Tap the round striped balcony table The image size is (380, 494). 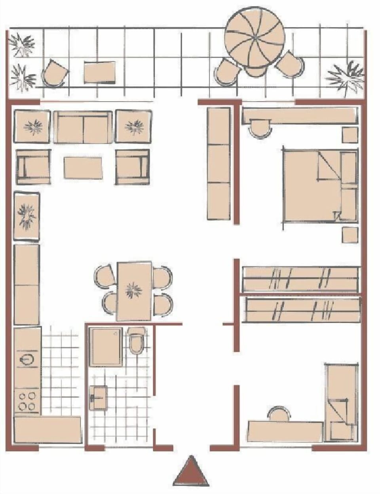[254, 38]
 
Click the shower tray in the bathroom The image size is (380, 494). [106, 347]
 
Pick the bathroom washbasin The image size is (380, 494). [99, 397]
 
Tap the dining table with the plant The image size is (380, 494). [134, 291]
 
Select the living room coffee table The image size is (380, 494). [83, 168]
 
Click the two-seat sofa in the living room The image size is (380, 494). [83, 128]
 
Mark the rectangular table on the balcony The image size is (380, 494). [100, 72]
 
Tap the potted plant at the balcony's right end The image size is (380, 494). [345, 76]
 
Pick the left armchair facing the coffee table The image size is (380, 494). [33, 167]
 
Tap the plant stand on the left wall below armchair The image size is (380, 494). [27, 216]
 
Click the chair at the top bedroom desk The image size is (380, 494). [260, 129]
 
